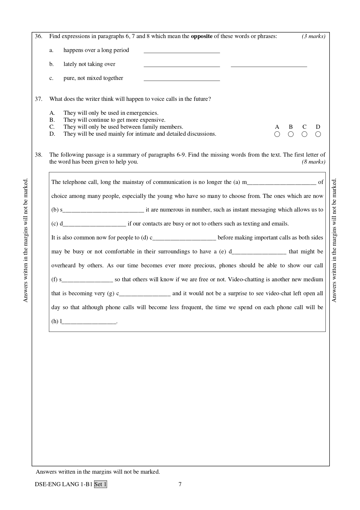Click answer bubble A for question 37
point(277,134)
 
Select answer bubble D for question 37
point(318,134)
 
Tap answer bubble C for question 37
point(304,134)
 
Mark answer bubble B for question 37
point(291,134)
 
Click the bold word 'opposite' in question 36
point(201,36)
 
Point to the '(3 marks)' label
point(313,36)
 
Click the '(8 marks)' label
point(313,162)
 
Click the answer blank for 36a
point(182,51)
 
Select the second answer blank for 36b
point(269,65)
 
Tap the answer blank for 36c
point(182,79)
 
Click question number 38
point(39,155)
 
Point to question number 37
point(39,99)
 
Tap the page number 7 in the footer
point(180,484)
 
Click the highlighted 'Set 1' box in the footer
point(100,484)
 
